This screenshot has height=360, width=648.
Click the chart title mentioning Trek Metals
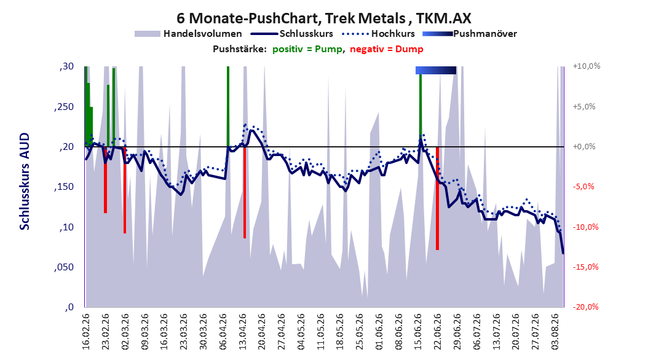323,18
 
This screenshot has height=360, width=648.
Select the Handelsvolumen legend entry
189,34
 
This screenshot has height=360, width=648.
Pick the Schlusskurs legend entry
292,34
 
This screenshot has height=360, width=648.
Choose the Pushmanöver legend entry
470,34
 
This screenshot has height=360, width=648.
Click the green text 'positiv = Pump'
307,49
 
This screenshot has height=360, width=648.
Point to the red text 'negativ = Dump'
387,49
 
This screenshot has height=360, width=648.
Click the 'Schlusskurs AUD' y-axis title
25,181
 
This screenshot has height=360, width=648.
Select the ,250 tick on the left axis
64,107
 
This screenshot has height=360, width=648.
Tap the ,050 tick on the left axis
64,267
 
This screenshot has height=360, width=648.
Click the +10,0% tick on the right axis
587,66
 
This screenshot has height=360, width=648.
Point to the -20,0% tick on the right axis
585,307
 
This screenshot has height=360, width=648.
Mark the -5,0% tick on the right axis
583,187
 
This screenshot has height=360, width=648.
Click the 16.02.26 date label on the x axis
86,332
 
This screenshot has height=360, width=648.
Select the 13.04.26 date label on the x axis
243,332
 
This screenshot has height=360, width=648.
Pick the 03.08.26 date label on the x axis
556,332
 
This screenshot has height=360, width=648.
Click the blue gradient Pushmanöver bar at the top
435,70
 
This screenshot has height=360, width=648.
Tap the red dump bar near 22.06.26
437,198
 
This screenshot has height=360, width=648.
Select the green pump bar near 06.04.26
228,106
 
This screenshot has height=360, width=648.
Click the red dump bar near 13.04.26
245,192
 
